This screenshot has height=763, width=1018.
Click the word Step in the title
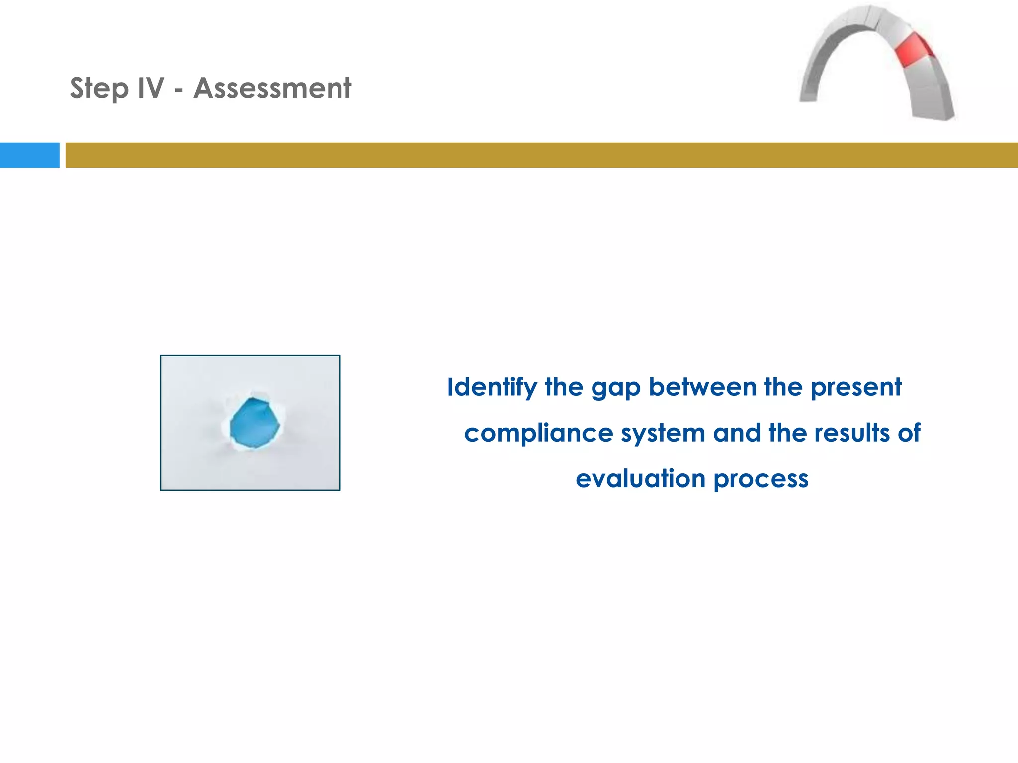[x=99, y=89]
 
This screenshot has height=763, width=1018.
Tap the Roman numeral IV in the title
[x=150, y=88]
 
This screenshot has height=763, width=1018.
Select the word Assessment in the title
[x=272, y=88]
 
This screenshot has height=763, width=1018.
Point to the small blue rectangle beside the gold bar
[x=29, y=155]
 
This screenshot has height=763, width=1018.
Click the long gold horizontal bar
[x=541, y=155]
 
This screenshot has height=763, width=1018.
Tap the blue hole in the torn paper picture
[x=254, y=423]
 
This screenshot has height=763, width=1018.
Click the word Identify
[x=492, y=387]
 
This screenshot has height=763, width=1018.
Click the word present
[x=855, y=388]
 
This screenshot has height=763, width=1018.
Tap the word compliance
[x=538, y=433]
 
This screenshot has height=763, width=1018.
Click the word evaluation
[x=640, y=479]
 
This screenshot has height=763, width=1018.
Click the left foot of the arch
[x=809, y=94]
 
